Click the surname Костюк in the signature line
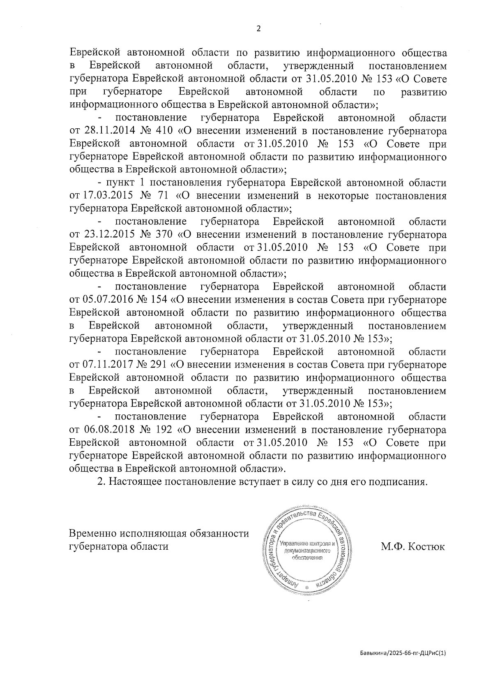coord(425,547)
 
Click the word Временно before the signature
coord(93,534)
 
